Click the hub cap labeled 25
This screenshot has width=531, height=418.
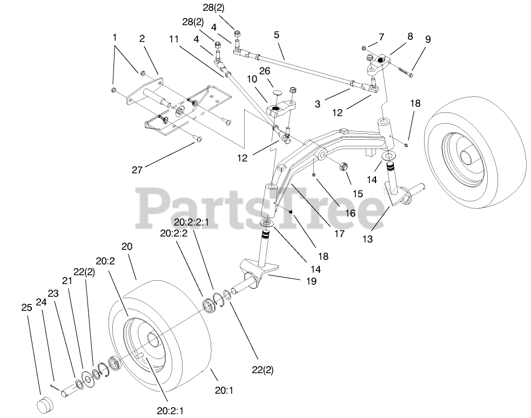(45, 404)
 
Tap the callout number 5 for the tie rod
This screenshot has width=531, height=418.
(276, 34)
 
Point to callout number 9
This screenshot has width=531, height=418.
(428, 39)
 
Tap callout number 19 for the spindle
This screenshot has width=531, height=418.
(297, 281)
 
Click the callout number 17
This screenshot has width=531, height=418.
(339, 234)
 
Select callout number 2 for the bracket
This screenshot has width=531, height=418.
(142, 39)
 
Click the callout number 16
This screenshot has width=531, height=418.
(349, 213)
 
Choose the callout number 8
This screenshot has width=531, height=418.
(410, 37)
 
